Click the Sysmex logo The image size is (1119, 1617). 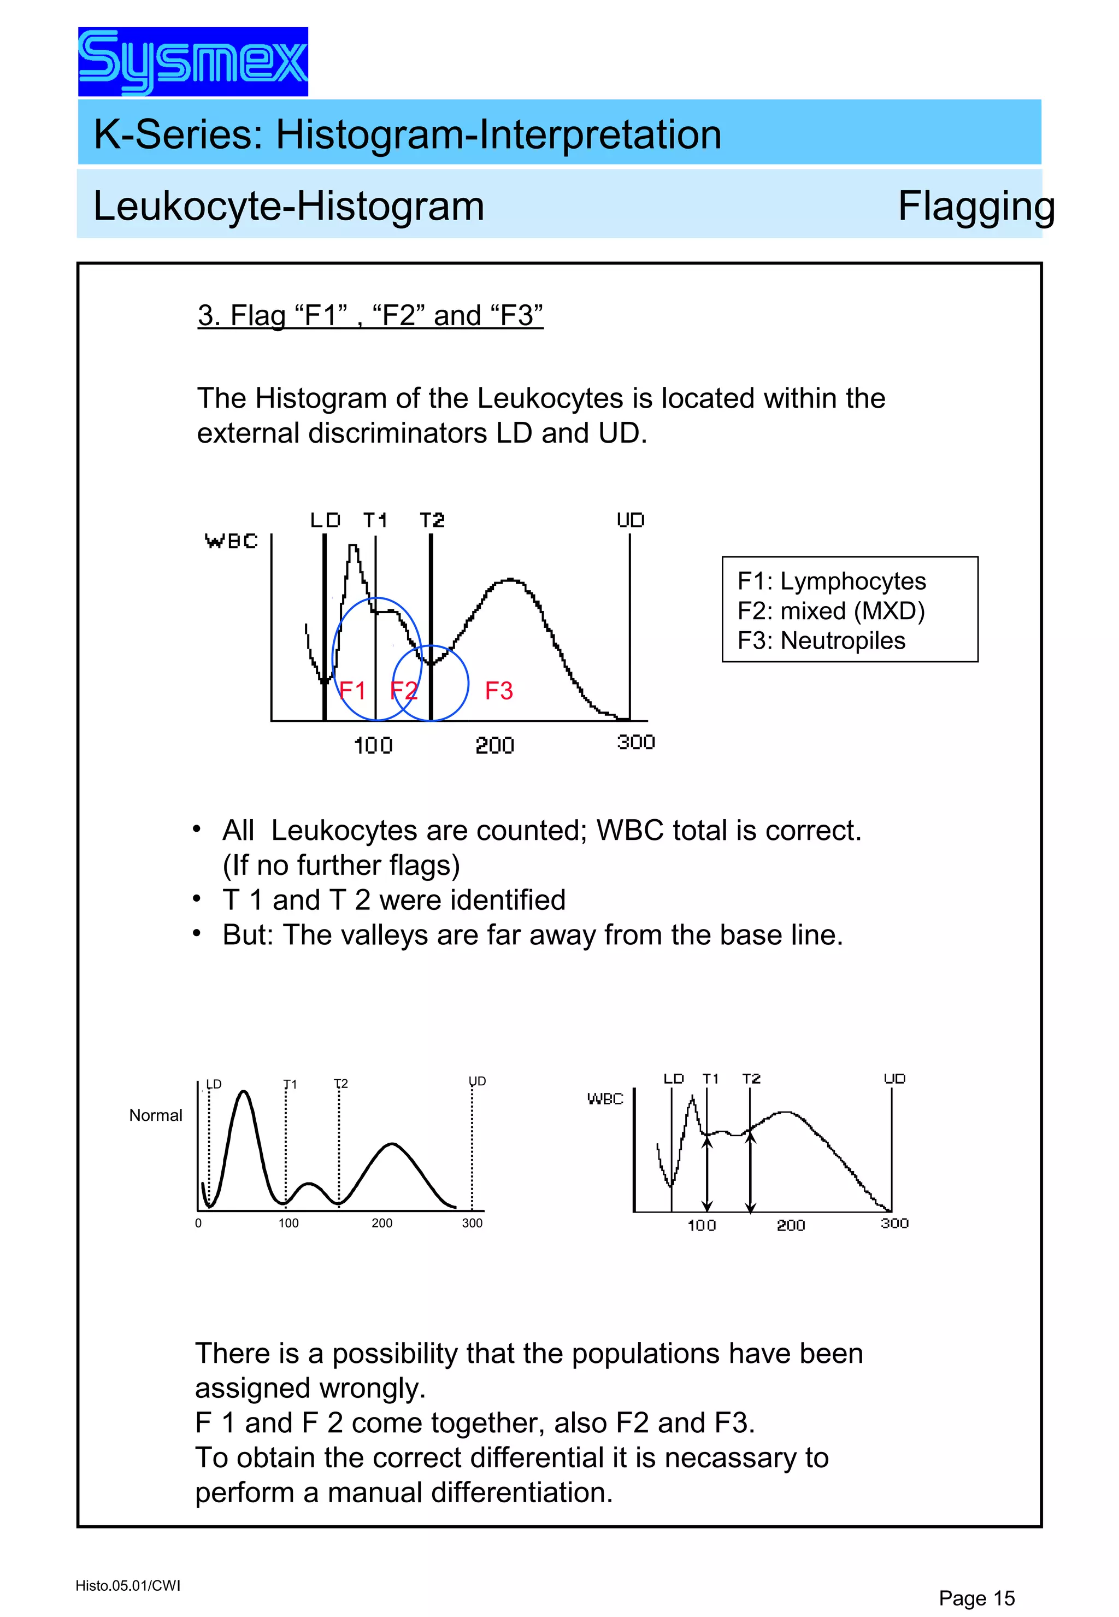click(x=193, y=62)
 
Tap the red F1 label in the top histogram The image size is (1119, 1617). click(x=352, y=691)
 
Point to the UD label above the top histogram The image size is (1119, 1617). click(x=631, y=520)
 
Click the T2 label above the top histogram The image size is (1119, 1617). click(x=432, y=520)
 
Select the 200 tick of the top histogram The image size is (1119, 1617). click(x=494, y=745)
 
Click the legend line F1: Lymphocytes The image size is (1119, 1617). click(x=832, y=581)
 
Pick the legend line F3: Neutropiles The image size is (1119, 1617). click(x=821, y=640)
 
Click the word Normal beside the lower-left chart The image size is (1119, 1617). click(x=156, y=1115)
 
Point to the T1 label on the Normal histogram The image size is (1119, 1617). click(x=290, y=1084)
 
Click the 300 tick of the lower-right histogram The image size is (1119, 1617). click(x=894, y=1223)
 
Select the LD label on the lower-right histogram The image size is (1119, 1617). click(x=673, y=1079)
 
